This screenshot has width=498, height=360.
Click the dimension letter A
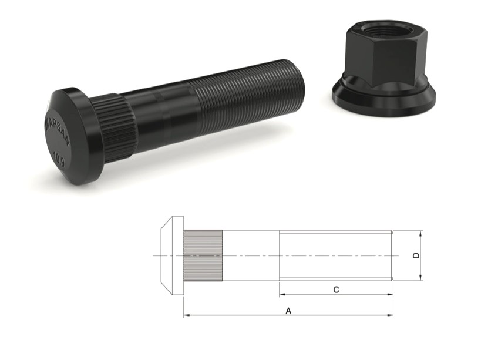point(288,311)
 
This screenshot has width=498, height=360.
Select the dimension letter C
point(335,289)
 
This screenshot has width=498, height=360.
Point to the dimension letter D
point(416,255)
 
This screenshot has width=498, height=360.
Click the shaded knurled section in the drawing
point(203,255)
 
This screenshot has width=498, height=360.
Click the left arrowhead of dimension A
point(187,316)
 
